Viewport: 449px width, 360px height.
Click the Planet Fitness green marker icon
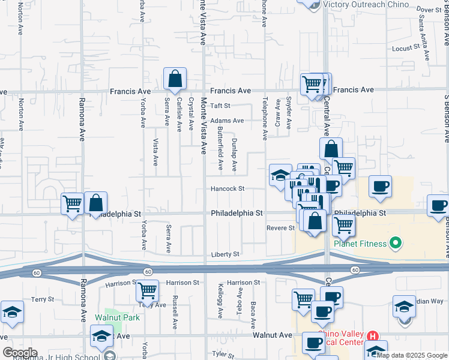[395, 244]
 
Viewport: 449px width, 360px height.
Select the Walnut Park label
[116, 317]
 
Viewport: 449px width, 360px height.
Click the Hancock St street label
[228, 188]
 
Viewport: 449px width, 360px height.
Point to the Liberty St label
[224, 254]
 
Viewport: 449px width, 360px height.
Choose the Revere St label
[280, 228]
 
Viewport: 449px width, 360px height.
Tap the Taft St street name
[220, 106]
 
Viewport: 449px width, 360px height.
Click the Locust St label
[405, 48]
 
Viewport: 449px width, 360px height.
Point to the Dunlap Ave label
[234, 155]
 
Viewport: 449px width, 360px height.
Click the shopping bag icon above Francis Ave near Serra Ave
[175, 79]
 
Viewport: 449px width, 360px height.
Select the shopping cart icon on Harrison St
[147, 292]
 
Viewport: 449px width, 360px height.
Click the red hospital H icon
[373, 336]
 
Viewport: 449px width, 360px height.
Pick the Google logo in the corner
[20, 353]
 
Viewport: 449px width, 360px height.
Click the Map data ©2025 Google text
[412, 355]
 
